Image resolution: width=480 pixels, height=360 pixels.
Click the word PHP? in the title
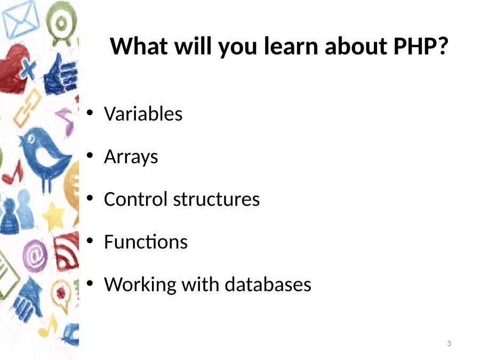pyautogui.click(x=421, y=46)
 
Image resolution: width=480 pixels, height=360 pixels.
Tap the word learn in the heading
pyautogui.click(x=291, y=46)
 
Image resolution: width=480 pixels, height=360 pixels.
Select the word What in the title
pyautogui.click(x=139, y=46)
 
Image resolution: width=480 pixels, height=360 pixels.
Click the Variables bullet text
pyautogui.click(x=143, y=114)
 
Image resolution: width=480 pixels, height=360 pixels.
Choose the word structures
pyautogui.click(x=217, y=199)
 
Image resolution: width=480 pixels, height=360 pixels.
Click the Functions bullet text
pyautogui.click(x=146, y=242)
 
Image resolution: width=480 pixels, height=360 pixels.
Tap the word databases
pyautogui.click(x=268, y=284)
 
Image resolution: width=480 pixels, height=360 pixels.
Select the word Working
pyautogui.click(x=140, y=285)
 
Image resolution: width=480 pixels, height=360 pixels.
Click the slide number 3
pyautogui.click(x=449, y=344)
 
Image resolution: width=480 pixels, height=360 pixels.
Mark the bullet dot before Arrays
pyautogui.click(x=90, y=155)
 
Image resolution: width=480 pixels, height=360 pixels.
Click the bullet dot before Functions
pyautogui.click(x=90, y=241)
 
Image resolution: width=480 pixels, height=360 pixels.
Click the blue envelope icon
pyautogui.click(x=21, y=20)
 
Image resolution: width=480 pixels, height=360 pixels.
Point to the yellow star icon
pyautogui.click(x=53, y=217)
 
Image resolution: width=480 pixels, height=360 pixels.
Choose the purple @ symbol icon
pyautogui.click(x=35, y=255)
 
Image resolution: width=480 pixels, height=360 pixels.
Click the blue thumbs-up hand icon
pyautogui.click(x=61, y=75)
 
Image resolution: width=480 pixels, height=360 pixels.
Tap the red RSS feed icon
pyautogui.click(x=66, y=251)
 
